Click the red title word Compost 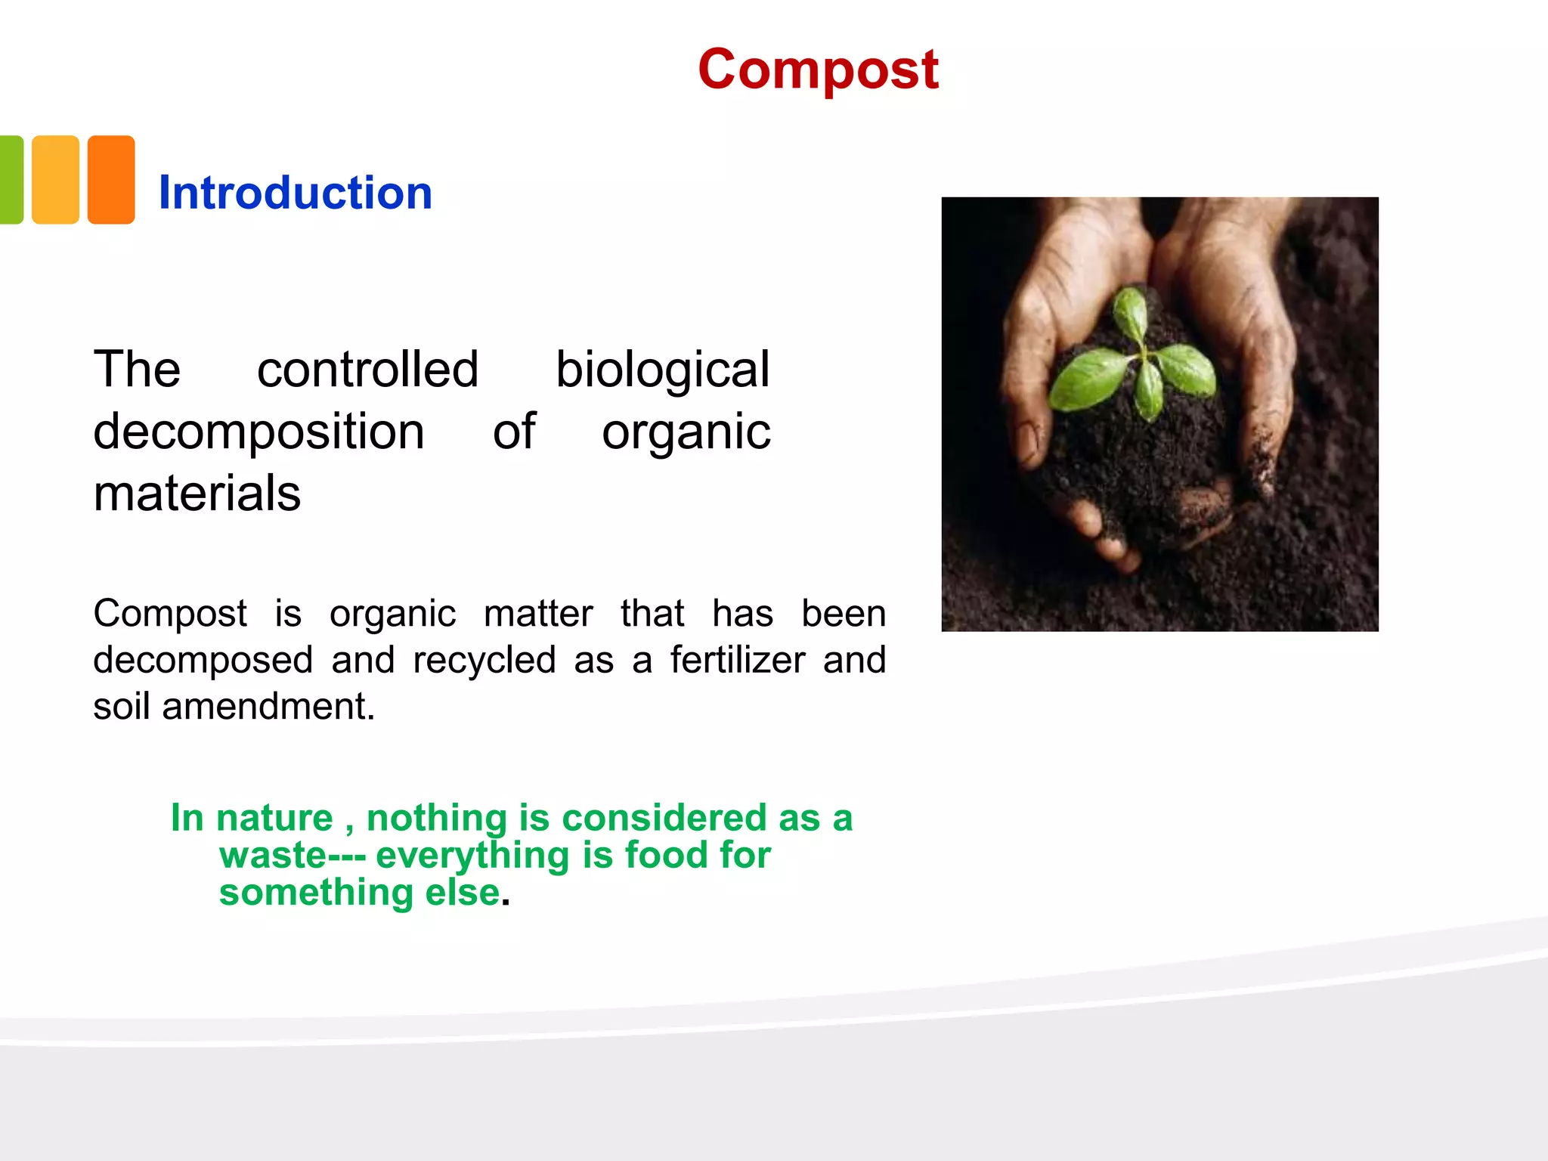[818, 70]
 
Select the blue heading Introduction [295, 193]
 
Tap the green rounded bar [11, 180]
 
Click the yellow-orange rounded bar [55, 180]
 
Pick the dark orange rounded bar [111, 180]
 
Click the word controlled [367, 370]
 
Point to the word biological [662, 370]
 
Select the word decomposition [259, 432]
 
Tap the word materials [197, 494]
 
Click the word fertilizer [737, 660]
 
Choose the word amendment [268, 707]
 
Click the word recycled [484, 660]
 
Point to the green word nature [274, 818]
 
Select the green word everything [472, 855]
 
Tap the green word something [316, 892]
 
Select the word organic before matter [392, 614]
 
